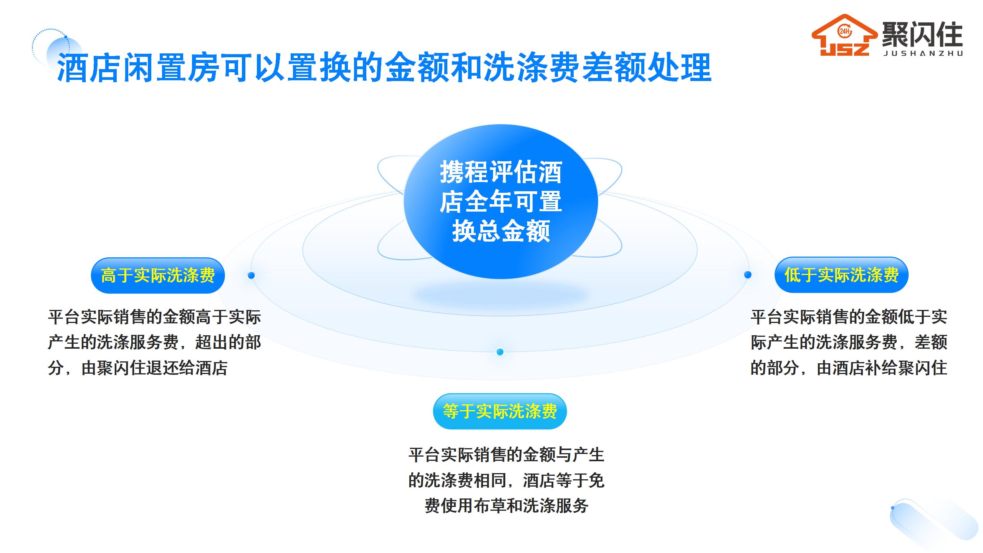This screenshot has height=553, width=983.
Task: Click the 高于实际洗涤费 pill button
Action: pos(158,275)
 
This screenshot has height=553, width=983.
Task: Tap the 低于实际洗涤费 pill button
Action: pos(841,275)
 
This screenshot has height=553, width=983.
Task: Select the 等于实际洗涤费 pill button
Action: pos(500,411)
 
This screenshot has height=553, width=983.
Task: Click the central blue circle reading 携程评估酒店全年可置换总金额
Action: pos(501,202)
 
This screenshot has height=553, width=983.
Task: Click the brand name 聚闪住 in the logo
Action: pos(922,34)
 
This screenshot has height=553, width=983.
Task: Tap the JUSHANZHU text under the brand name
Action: pos(923,54)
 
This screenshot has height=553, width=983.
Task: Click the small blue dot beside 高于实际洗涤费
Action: pos(251,275)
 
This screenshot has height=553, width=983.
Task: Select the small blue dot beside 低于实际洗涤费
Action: pos(748,275)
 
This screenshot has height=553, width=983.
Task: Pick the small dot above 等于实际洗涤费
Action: pos(500,352)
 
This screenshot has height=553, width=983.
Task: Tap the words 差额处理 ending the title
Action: pos(647,68)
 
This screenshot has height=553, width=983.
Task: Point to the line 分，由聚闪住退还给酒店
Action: pos(137,368)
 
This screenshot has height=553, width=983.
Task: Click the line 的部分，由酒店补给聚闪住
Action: pos(849,368)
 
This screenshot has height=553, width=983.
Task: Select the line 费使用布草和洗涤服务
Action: pos(506,506)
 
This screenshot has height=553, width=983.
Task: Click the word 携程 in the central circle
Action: pos(464,172)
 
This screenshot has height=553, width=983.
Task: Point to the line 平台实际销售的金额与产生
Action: pos(506,455)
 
